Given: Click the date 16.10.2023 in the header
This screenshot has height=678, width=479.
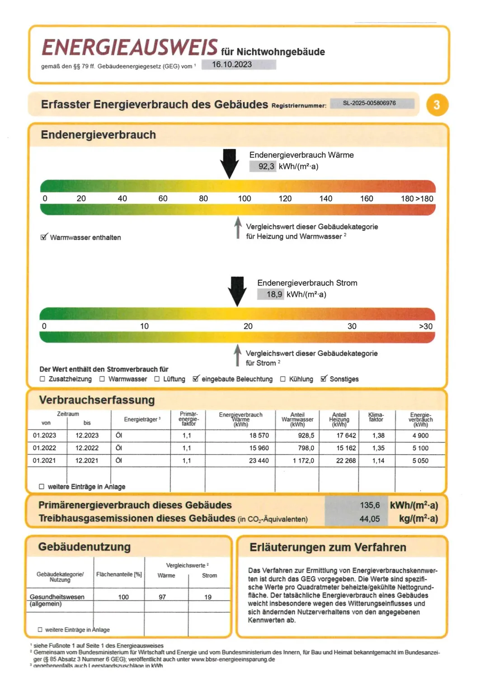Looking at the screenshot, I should pyautogui.click(x=232, y=65).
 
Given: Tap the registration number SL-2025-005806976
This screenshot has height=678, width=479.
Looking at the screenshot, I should pyautogui.click(x=369, y=103).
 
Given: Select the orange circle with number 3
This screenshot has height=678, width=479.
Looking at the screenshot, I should pyautogui.click(x=437, y=105).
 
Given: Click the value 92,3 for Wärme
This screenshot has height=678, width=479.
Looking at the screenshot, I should pyautogui.click(x=266, y=166).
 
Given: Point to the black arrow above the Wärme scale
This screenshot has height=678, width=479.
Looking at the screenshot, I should pyautogui.click(x=230, y=164).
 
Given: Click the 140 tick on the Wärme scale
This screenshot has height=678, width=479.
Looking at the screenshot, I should pyautogui.click(x=325, y=198).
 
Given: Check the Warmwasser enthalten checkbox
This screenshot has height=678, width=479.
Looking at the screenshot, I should pyautogui.click(x=44, y=237).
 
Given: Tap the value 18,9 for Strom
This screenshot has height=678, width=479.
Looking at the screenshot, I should pyautogui.click(x=274, y=294).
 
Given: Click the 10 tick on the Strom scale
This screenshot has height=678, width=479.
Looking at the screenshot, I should pyautogui.click(x=144, y=326).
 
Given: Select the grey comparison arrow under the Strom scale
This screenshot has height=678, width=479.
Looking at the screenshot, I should pyautogui.click(x=237, y=355).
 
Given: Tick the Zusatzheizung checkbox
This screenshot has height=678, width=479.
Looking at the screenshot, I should pyautogui.click(x=42, y=379).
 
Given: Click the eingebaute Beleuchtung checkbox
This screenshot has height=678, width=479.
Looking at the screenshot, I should pyautogui.click(x=196, y=379).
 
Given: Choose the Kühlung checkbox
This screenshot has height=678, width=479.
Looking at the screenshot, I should pyautogui.click(x=283, y=379).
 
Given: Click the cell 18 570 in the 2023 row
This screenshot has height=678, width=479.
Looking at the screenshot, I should pyautogui.click(x=259, y=436).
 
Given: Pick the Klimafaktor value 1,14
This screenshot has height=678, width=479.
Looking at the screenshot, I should pyautogui.click(x=378, y=461).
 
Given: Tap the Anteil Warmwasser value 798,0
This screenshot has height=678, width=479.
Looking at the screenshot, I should pyautogui.click(x=306, y=448).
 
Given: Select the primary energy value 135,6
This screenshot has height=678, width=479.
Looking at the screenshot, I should pyautogui.click(x=370, y=505).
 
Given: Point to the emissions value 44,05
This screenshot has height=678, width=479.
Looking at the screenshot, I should pyautogui.click(x=370, y=519).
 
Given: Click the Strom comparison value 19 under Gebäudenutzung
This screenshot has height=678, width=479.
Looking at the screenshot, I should pyautogui.click(x=208, y=597).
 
